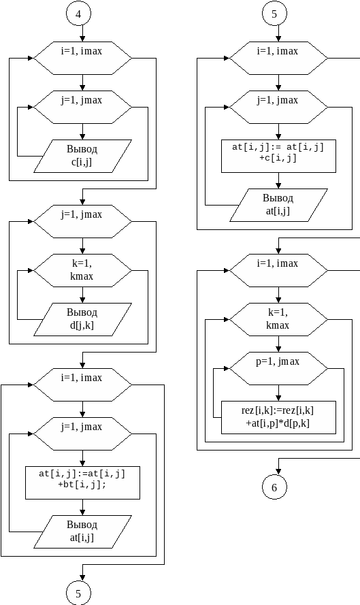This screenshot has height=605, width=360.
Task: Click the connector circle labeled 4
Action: click(x=78, y=14)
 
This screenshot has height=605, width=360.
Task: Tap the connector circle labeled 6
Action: click(x=274, y=487)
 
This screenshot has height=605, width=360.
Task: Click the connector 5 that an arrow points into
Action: click(x=78, y=593)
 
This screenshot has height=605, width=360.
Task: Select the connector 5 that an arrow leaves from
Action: click(x=274, y=14)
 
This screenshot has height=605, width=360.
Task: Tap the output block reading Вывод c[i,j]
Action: click(x=82, y=156)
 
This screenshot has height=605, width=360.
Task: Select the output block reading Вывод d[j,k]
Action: click(x=82, y=319)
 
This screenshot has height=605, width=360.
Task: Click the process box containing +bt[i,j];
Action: click(x=82, y=483)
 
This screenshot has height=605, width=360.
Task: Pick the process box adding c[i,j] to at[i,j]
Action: click(x=278, y=156)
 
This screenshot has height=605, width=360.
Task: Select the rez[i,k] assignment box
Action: click(x=278, y=417)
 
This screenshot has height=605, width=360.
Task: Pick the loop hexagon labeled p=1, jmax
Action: click(x=278, y=368)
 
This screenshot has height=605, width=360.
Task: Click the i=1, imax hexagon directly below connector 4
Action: click(x=82, y=58)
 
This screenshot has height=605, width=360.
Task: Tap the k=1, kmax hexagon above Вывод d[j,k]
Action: click(x=82, y=270)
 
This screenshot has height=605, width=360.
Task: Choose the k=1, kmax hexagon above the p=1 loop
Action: click(x=278, y=319)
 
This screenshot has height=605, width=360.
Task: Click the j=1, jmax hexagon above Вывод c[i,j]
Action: click(x=82, y=107)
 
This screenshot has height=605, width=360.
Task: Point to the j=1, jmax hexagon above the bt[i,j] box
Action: click(x=82, y=434)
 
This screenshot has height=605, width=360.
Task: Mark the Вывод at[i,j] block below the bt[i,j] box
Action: click(x=82, y=532)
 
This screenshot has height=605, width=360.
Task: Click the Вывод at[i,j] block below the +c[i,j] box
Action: click(x=278, y=205)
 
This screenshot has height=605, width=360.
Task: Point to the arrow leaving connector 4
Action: click(x=82, y=34)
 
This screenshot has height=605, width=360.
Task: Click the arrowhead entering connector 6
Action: click(x=278, y=472)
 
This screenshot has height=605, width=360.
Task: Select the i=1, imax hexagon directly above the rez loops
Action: click(x=278, y=270)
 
